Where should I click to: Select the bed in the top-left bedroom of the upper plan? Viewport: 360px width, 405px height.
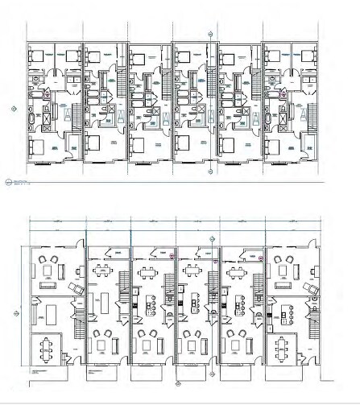38,56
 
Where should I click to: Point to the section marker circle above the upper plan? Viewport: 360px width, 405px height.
211,35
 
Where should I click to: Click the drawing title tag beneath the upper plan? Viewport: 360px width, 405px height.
10,182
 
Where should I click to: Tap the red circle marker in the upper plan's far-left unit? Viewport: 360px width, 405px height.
47,94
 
